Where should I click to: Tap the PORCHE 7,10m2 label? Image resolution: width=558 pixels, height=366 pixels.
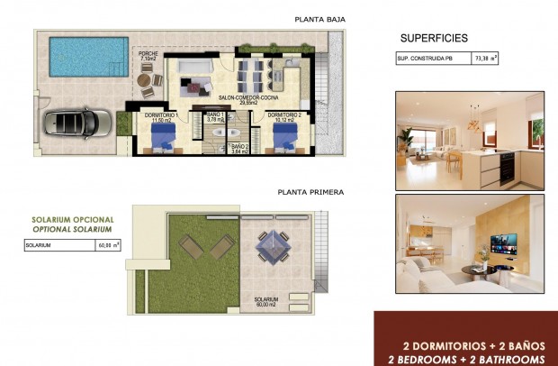[148, 57]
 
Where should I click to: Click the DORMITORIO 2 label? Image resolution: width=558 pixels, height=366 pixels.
[283, 115]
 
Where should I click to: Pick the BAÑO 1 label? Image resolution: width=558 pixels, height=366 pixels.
[216, 116]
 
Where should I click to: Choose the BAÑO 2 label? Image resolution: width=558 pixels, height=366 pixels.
[239, 148]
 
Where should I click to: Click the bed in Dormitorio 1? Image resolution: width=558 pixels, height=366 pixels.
[164, 140]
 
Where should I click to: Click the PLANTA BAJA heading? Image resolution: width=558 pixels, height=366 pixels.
[319, 19]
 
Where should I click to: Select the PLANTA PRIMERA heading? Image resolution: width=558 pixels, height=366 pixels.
[311, 191]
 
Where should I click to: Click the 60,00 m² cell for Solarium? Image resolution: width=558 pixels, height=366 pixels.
[107, 245]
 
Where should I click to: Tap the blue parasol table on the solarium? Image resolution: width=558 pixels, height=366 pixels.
[273, 243]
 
